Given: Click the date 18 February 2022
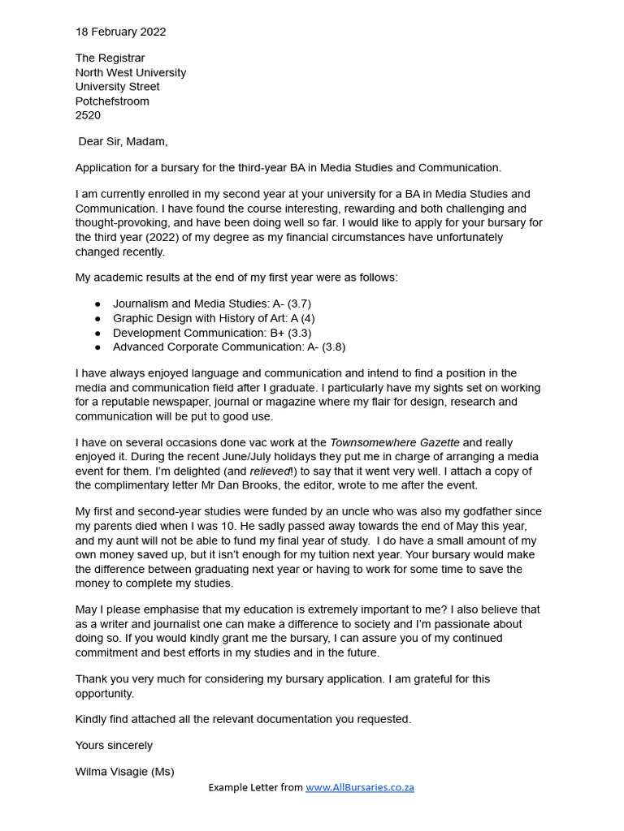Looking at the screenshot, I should pos(120,32).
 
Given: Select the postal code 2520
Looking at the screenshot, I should pos(88,115).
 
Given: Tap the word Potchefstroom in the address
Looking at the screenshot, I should pos(112,101).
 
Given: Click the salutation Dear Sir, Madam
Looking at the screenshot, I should pos(123,141).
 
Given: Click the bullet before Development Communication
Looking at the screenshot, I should pos(97,333).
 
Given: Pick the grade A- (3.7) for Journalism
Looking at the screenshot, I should pos(286,304).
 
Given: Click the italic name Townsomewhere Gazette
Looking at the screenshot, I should pos(394,442).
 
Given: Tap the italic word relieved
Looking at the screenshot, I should pos(270,471).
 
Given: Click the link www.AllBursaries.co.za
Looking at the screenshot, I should pos(360,787).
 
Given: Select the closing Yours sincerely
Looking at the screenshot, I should pos(114,745).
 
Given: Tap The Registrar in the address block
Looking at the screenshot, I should pos(110,58).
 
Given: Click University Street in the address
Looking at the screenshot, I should pos(117,87).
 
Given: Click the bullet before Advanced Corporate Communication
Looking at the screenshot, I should pos(97,347).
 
